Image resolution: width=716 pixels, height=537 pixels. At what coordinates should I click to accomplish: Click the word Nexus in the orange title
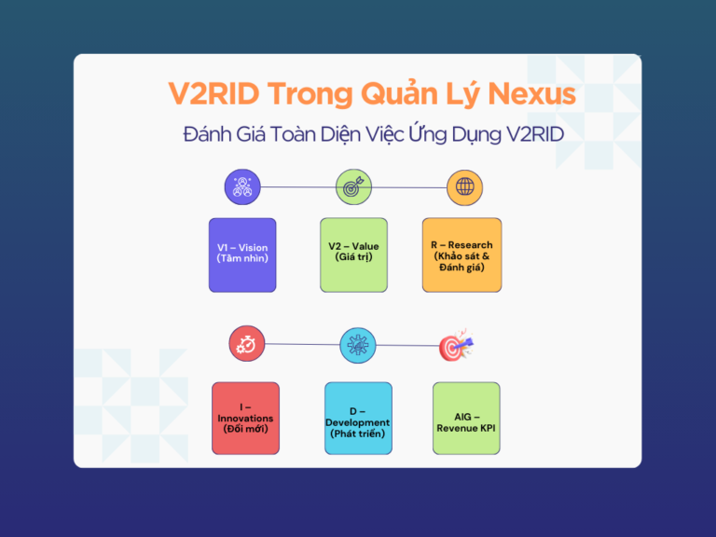(531, 94)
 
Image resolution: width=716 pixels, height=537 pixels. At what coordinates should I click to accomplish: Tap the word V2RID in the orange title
(213, 93)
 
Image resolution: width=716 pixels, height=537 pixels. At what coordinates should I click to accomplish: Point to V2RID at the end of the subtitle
(535, 134)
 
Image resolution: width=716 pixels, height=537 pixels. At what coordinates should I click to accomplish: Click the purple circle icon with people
(242, 186)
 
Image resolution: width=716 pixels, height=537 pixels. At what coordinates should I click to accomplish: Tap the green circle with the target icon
(353, 186)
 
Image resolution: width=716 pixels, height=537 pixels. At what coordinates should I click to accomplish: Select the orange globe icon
(464, 187)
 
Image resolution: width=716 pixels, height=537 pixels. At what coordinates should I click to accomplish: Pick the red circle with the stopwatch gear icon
(246, 343)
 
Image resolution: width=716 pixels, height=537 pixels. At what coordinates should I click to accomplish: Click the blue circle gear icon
(358, 345)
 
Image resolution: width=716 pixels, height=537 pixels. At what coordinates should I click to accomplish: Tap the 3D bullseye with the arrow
(456, 346)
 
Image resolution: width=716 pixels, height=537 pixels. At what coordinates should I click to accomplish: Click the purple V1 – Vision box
(242, 255)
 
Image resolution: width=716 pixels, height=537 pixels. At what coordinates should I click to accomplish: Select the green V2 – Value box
(353, 255)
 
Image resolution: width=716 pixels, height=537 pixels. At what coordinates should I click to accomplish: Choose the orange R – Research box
(461, 255)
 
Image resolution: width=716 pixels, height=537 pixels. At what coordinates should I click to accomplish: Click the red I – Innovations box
(246, 419)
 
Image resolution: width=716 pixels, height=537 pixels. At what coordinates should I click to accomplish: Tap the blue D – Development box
(358, 419)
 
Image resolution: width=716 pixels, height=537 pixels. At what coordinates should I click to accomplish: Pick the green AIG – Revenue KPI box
(466, 419)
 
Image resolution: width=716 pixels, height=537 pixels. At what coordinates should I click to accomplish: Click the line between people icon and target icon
(298, 186)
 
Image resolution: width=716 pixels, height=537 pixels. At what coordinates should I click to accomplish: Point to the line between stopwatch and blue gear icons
(302, 344)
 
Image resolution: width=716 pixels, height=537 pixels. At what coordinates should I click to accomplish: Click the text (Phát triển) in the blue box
(358, 434)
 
